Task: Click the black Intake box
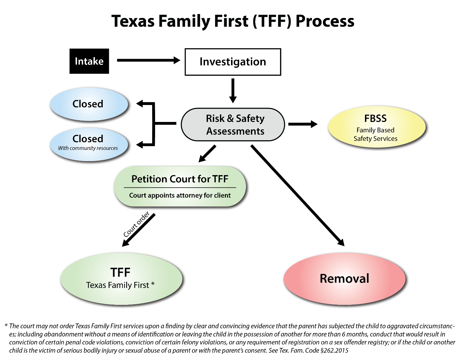(x=89, y=61)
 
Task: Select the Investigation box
(x=233, y=62)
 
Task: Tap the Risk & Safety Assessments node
(x=233, y=125)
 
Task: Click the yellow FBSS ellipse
(x=376, y=127)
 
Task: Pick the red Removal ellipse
(x=344, y=279)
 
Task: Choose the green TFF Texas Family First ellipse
(x=121, y=279)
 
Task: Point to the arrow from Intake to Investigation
(x=148, y=60)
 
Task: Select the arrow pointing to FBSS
(x=302, y=124)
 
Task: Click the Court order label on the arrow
(x=136, y=224)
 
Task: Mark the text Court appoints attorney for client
(x=180, y=195)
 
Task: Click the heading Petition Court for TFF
(x=180, y=179)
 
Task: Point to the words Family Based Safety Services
(x=375, y=134)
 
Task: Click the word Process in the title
(x=325, y=21)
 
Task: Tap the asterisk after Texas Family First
(x=153, y=284)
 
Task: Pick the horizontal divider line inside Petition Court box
(x=180, y=187)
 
